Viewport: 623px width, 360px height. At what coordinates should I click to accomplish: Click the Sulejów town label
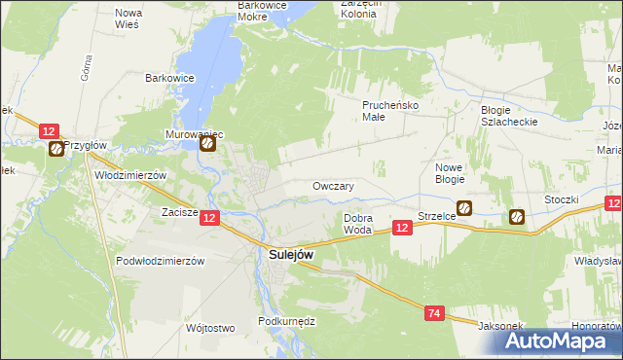(x=290, y=255)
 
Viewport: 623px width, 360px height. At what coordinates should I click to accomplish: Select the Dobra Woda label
(x=357, y=224)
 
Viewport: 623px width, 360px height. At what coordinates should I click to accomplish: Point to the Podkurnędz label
(x=286, y=321)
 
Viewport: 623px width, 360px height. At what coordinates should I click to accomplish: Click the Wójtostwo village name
(x=209, y=328)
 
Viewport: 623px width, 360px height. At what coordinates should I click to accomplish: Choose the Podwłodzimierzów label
(x=159, y=261)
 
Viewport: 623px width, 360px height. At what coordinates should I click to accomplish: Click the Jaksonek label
(x=497, y=326)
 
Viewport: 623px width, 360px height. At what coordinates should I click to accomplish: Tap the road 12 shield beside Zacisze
(x=210, y=220)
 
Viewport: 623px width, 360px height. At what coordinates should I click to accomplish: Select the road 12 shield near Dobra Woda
(x=401, y=227)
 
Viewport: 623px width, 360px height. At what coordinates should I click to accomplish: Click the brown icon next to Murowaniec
(x=208, y=145)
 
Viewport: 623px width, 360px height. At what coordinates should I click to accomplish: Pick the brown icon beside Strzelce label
(x=465, y=207)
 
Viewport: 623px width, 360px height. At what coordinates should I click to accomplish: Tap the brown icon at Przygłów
(x=56, y=149)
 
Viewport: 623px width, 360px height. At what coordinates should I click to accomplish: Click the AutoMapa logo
(x=557, y=341)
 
